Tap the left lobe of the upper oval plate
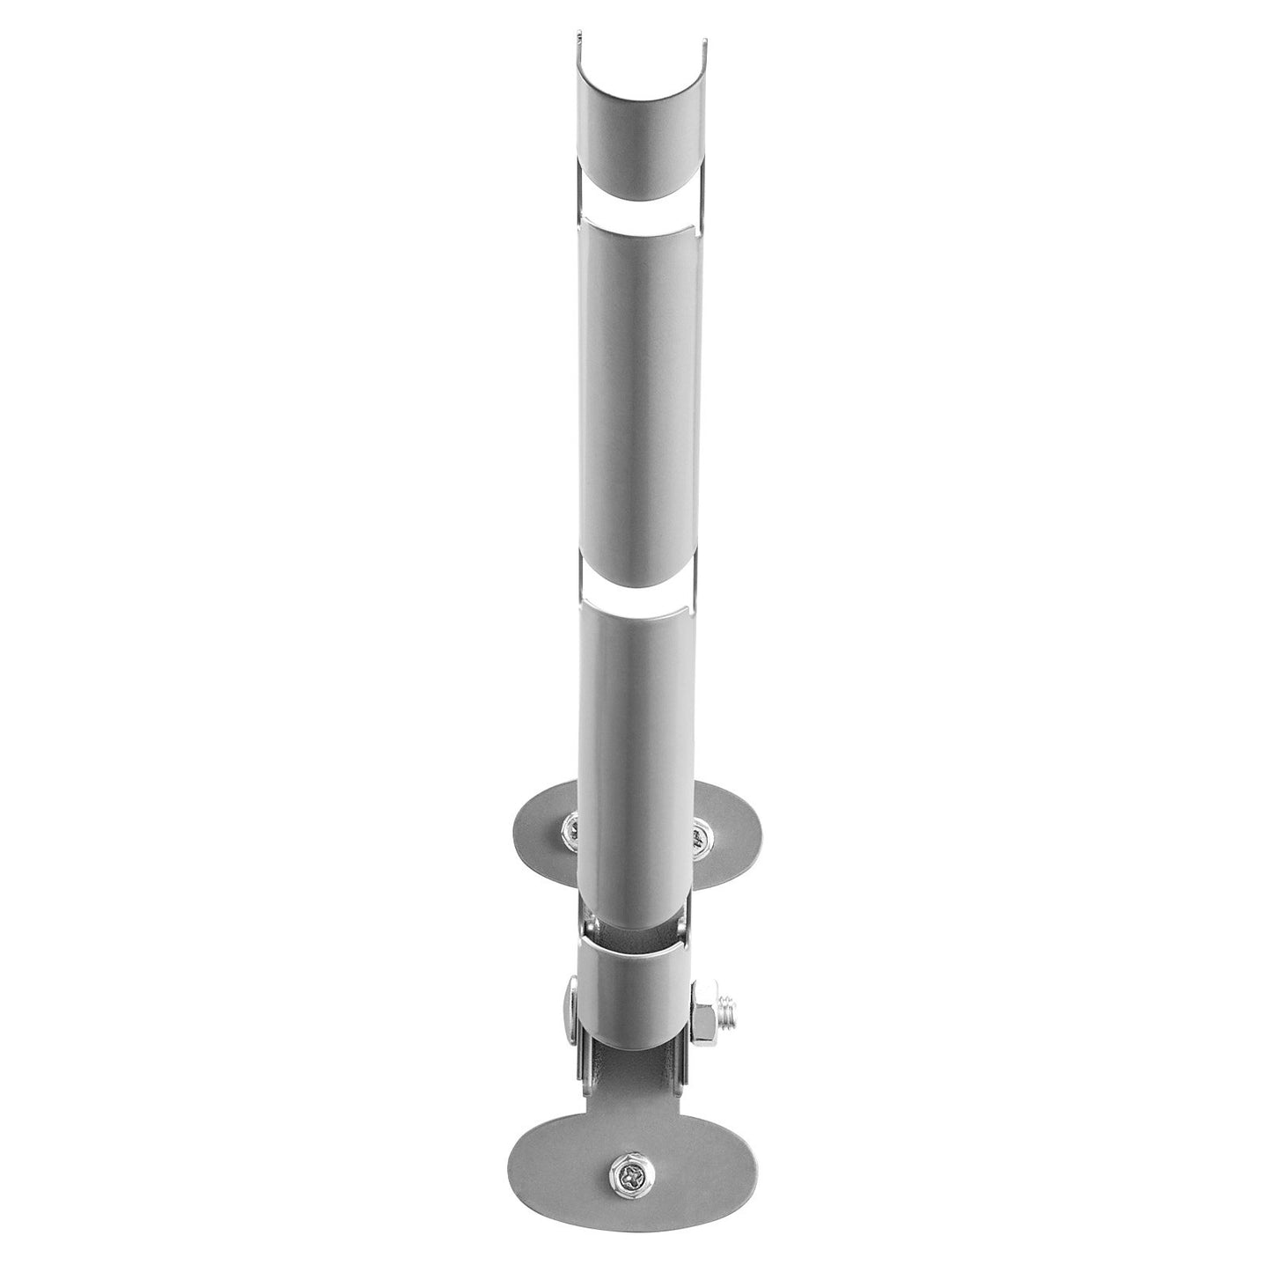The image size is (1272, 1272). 541,823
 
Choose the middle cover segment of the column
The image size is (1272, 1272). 636,396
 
